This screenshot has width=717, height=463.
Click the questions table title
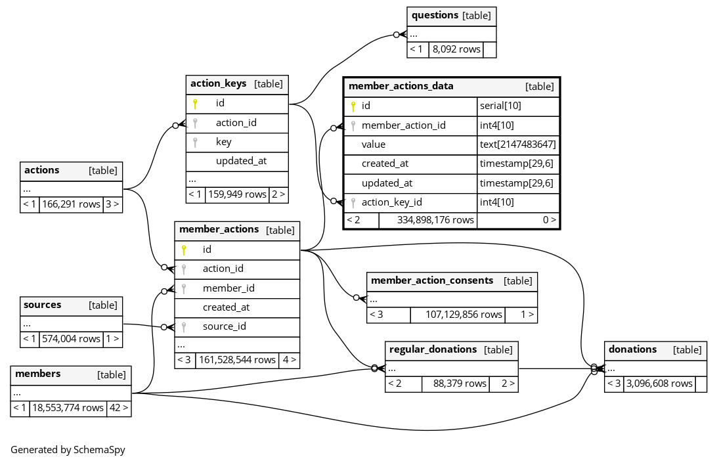(435, 15)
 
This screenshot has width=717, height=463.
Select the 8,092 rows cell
(456, 49)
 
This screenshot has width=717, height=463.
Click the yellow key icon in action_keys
(195, 103)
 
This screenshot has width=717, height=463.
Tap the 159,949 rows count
(237, 194)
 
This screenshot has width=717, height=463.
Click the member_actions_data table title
(401, 86)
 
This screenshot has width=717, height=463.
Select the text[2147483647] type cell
(517, 144)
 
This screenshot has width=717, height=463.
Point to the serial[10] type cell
(500, 106)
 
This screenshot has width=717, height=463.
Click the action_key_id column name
(391, 202)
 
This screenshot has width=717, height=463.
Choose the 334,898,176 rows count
(435, 220)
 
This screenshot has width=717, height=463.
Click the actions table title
(42, 170)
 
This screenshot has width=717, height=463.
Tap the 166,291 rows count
(71, 204)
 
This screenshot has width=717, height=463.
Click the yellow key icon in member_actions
(184, 250)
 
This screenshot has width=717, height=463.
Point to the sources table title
(43, 305)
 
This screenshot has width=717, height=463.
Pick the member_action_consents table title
(432, 280)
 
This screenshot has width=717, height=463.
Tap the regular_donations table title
(433, 349)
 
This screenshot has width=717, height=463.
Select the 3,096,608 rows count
(659, 384)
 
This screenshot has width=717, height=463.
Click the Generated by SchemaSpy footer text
(68, 450)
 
